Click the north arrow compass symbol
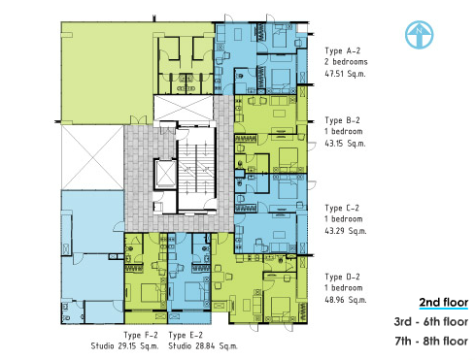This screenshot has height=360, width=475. (x=419, y=35)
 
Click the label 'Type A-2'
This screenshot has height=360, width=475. (x=343, y=50)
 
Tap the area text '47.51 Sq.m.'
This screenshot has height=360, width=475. (x=345, y=74)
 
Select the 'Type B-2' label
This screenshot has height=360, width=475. (x=342, y=120)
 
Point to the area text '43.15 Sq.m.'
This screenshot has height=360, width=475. (x=345, y=144)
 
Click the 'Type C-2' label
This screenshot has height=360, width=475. (x=342, y=208)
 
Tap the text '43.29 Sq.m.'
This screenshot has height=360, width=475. (x=346, y=231)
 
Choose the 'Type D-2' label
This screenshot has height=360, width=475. (x=342, y=277)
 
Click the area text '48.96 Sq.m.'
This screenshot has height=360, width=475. (x=346, y=300)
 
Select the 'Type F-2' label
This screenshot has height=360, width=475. (x=140, y=335)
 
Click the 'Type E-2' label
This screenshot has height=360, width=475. (x=186, y=335)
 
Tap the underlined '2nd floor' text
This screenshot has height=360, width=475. (x=444, y=302)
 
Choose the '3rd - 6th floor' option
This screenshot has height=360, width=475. (x=431, y=322)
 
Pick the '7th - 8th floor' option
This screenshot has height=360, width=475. (x=431, y=342)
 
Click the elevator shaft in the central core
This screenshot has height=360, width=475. (x=165, y=174)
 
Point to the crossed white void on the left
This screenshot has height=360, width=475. (x=92, y=157)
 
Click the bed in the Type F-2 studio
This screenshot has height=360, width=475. (x=150, y=293)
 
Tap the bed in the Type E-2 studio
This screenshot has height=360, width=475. (x=193, y=292)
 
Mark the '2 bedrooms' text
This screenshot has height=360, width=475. (x=346, y=62)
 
